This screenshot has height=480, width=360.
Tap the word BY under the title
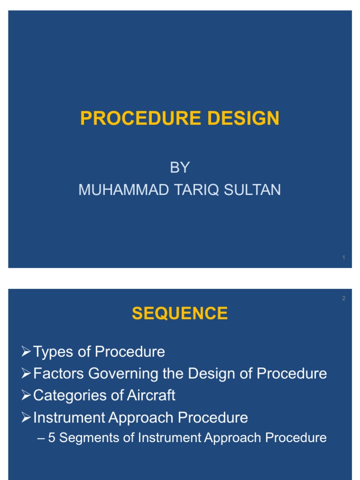click(x=180, y=168)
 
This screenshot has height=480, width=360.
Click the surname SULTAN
click(x=256, y=190)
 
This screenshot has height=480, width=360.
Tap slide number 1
click(x=344, y=258)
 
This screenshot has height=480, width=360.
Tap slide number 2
click(x=344, y=298)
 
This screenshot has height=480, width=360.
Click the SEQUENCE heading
click(x=180, y=313)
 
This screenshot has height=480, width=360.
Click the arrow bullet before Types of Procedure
click(x=26, y=352)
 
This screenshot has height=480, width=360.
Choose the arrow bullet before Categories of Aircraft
click(x=26, y=395)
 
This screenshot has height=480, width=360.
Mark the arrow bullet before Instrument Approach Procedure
click(x=26, y=417)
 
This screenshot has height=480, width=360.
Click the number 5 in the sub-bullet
click(x=52, y=438)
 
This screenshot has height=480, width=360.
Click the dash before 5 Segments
click(x=41, y=438)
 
